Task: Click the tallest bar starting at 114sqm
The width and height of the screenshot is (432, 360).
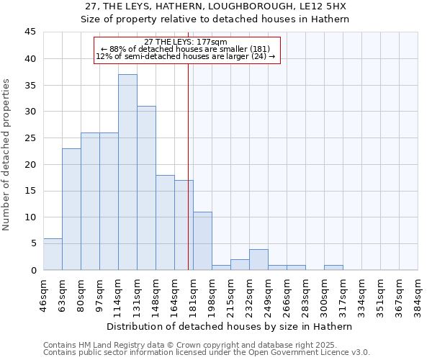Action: coord(127,172)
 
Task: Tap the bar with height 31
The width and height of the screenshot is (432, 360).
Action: coord(146,188)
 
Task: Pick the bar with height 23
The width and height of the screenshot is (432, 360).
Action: coord(71,209)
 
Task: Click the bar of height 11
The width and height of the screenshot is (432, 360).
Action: coord(202,240)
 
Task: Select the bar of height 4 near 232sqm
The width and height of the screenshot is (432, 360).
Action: coord(258,259)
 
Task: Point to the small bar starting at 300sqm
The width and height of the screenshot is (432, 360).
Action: coord(333,267)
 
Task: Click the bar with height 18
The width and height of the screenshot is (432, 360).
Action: coord(165,222)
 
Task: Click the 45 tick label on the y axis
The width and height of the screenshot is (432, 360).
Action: coord(30,32)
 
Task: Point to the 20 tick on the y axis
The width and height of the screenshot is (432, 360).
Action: coord(30,164)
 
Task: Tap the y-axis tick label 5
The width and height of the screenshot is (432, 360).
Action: coord(32,243)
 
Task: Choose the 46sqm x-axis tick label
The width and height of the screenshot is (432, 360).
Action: coord(43,294)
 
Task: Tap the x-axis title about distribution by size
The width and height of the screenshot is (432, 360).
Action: coord(230,326)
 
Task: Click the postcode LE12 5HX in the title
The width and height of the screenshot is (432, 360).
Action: coord(325,6)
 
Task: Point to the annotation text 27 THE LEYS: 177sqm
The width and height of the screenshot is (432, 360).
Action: coord(186,42)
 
